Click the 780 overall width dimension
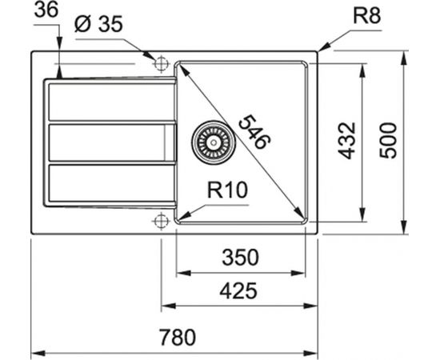click(x=178, y=337)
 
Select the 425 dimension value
click(x=238, y=291)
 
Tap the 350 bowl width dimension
click(x=240, y=257)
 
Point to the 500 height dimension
click(x=388, y=140)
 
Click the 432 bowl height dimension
click(x=347, y=141)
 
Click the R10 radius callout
click(x=227, y=190)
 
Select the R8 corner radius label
click(x=366, y=16)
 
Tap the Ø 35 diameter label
click(x=98, y=23)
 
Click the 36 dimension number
click(x=46, y=10)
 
